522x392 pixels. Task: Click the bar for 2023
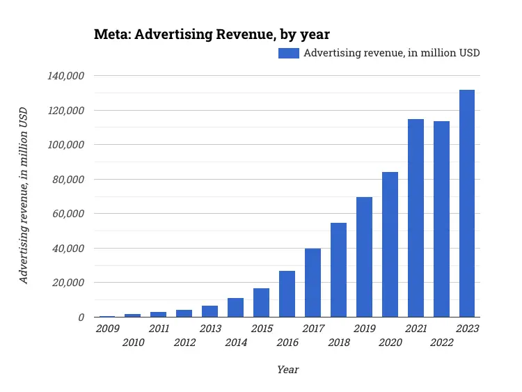click(x=467, y=203)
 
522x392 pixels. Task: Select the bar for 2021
click(x=416, y=218)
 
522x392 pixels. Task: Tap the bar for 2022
click(x=441, y=219)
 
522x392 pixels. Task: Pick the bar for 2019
click(x=364, y=257)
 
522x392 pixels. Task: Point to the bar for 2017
click(x=313, y=283)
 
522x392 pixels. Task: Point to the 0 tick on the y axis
click(x=81, y=317)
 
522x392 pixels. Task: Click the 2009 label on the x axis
click(x=107, y=329)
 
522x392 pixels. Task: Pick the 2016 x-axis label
click(x=287, y=342)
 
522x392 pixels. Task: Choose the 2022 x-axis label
click(x=441, y=342)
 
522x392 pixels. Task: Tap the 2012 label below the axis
click(x=184, y=342)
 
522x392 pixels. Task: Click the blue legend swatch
click(x=289, y=53)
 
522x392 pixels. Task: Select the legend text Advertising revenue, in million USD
click(x=392, y=53)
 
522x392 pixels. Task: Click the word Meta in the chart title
click(x=111, y=34)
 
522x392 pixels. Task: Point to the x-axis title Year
click(x=287, y=370)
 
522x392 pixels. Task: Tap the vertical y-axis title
click(x=24, y=196)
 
